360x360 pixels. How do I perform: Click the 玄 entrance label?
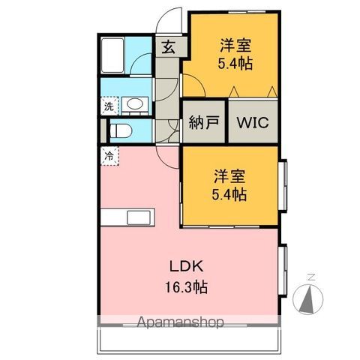point(168,46)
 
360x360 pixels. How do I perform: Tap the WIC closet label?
point(253,122)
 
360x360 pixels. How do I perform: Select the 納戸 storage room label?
point(204,122)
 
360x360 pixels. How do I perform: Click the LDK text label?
point(187,266)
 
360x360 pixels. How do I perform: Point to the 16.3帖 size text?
point(186,287)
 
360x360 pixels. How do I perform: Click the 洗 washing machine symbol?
point(109,106)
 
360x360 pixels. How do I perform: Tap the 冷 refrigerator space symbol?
point(109,156)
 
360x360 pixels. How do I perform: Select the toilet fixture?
point(120,130)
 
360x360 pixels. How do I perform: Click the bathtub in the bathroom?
point(113,55)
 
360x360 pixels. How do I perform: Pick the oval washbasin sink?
point(134,103)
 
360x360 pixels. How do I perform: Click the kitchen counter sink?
point(139,217)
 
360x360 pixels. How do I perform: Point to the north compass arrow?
point(307,298)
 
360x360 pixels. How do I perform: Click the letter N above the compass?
point(311,277)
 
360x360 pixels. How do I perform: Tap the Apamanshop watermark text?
point(180,322)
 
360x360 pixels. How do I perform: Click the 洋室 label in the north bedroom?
point(235,45)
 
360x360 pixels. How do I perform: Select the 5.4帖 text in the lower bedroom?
point(229,194)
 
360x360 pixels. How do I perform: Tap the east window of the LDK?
point(283,270)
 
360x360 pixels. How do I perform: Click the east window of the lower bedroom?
point(283,185)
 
